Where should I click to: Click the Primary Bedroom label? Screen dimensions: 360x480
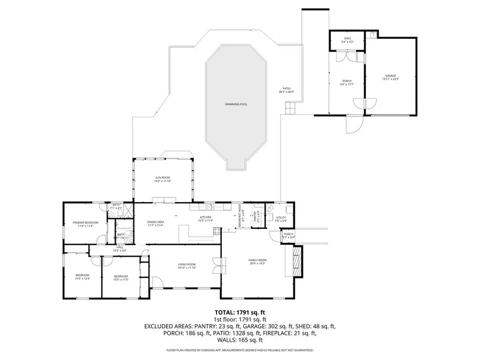click(x=86, y=223)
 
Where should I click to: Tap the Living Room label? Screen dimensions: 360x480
click(x=187, y=265)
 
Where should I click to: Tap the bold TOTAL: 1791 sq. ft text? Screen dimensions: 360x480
click(x=239, y=313)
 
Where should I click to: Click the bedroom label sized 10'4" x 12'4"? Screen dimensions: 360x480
click(x=83, y=276)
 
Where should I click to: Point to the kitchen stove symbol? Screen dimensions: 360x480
click(x=217, y=231)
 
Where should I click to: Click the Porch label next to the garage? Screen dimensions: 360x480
click(x=347, y=82)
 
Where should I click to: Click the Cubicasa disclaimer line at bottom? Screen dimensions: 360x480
click(x=239, y=350)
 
